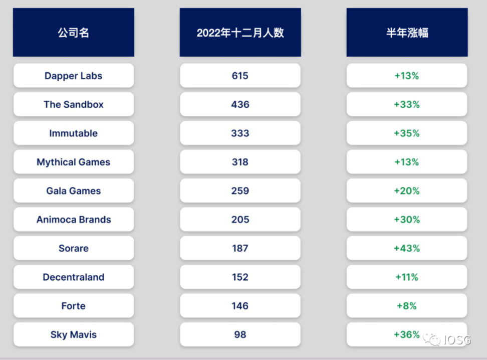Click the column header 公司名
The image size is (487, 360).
73,33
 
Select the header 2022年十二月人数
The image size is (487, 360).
240,33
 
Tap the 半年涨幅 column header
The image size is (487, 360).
406,33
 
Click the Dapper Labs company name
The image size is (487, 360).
73,76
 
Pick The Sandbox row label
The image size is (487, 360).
73,104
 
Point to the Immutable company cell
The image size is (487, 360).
73,133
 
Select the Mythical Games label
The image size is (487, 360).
73,162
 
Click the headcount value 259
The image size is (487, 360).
240,191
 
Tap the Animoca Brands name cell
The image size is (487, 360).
73,220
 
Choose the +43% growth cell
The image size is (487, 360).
406,248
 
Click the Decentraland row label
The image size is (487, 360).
73,277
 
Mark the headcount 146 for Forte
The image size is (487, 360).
240,306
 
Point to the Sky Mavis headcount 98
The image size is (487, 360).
240,334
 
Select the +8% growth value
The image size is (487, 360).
406,306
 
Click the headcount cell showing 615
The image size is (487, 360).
240,76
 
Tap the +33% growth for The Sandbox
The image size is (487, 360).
406,104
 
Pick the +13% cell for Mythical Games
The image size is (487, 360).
406,162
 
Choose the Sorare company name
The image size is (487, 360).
73,248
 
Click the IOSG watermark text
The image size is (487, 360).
456,340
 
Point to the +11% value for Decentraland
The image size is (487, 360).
406,277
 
